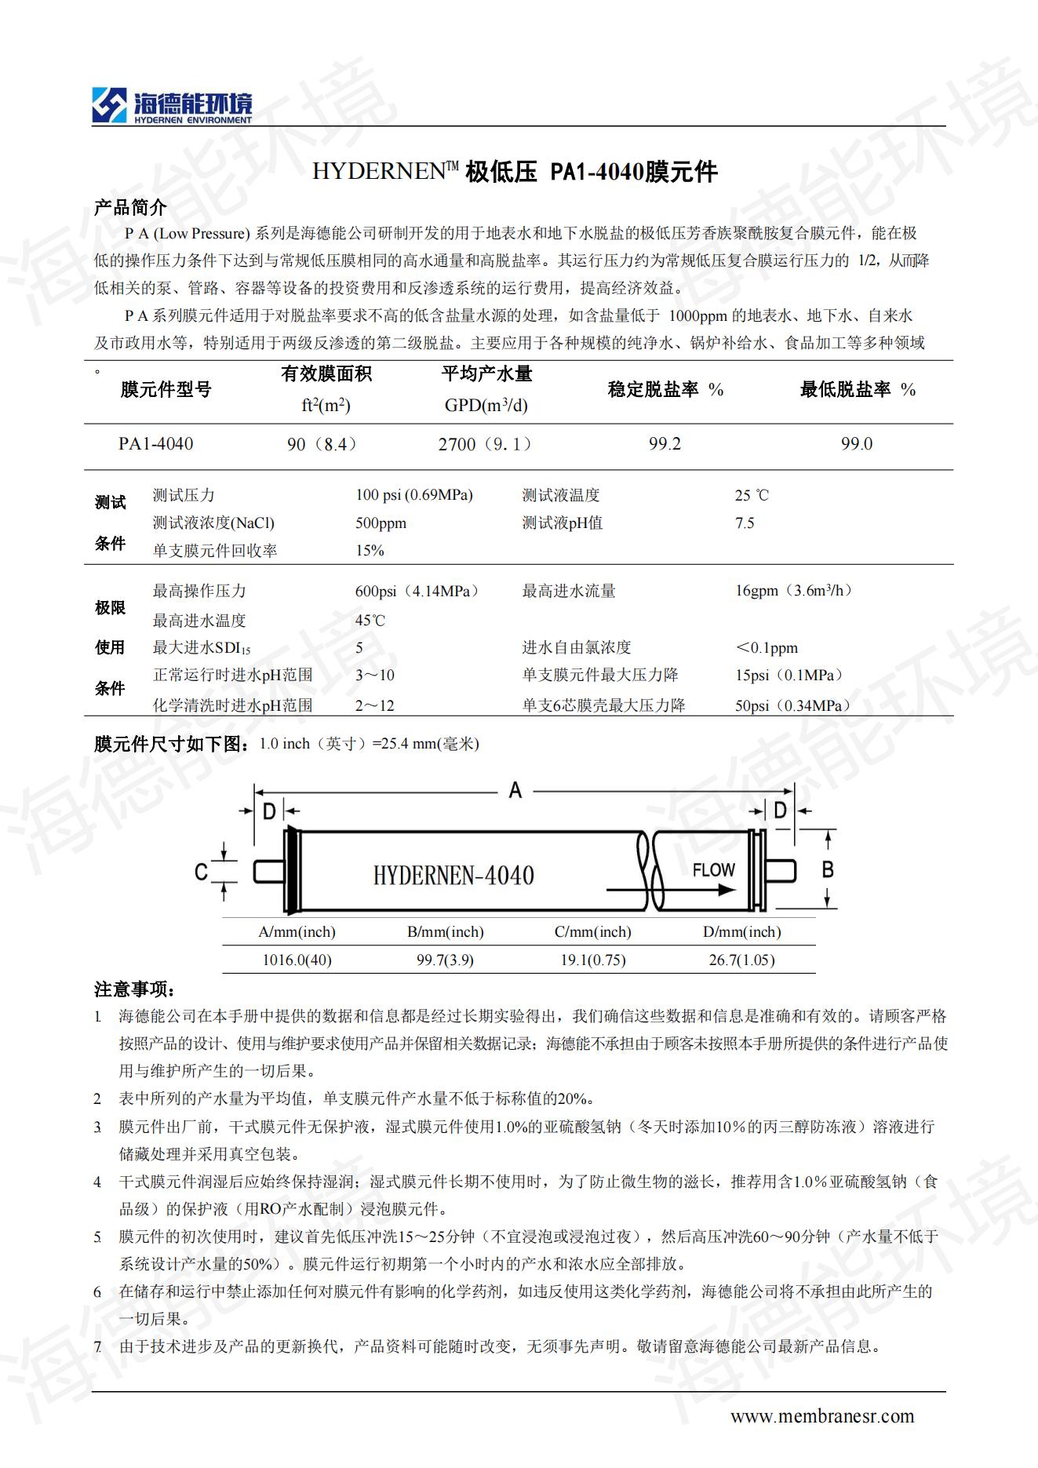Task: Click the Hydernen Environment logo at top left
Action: point(172,107)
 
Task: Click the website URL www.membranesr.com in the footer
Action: point(821,1415)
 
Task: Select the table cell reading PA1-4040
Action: point(155,443)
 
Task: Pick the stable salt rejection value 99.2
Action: point(665,444)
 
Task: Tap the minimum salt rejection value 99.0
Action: point(856,444)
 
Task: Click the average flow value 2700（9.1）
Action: point(485,444)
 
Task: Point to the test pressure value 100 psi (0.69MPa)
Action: point(413,495)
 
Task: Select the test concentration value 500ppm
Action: point(381,523)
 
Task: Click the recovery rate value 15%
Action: point(370,550)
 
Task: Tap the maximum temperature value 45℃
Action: point(370,620)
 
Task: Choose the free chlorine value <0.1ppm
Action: point(766,647)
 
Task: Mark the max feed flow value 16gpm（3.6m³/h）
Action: point(793,591)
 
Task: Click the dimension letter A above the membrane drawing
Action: point(515,789)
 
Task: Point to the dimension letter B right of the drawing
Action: point(827,869)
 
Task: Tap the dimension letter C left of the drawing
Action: point(201,872)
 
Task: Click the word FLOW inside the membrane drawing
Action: point(713,869)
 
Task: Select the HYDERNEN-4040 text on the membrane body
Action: point(453,875)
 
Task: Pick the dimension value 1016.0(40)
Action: point(297,960)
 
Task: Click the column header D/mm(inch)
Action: point(741,931)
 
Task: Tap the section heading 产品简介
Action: point(130,207)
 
